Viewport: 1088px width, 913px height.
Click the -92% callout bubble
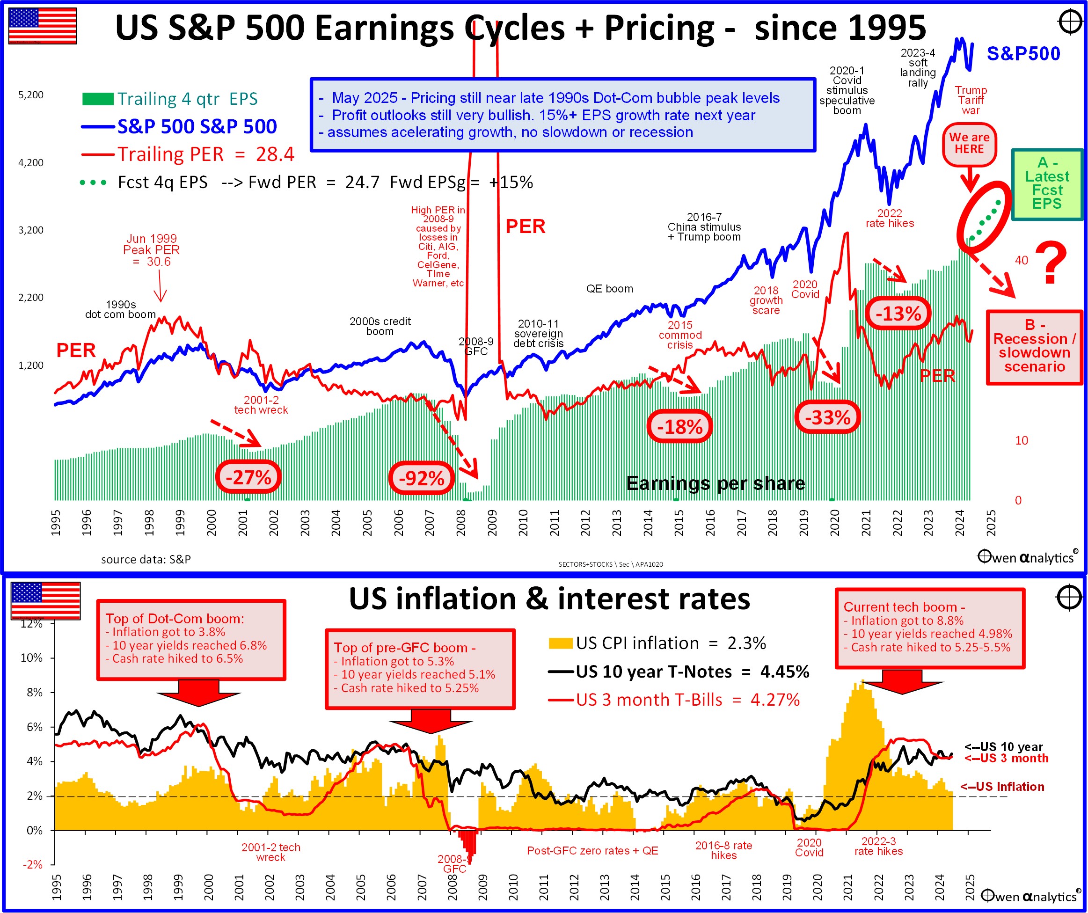pyautogui.click(x=421, y=478)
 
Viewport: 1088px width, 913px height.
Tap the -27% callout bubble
pyautogui.click(x=248, y=477)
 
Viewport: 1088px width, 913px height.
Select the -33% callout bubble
pyautogui.click(x=827, y=417)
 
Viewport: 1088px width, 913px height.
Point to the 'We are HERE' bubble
pyautogui.click(x=969, y=144)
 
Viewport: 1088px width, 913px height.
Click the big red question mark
pyautogui.click(x=1051, y=263)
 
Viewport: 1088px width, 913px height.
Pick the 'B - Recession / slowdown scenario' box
pyautogui.click(x=1034, y=346)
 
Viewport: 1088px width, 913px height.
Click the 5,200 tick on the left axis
pyautogui.click(x=31, y=95)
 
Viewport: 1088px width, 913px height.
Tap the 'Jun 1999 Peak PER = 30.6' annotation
pyautogui.click(x=151, y=250)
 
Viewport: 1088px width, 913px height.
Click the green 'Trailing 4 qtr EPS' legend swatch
pyautogui.click(x=98, y=98)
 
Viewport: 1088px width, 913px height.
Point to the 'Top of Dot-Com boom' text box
pyautogui.click(x=190, y=639)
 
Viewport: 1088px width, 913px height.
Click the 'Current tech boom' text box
pyautogui.click(x=929, y=628)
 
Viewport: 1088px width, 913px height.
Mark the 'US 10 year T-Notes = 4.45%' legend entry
pyautogui.click(x=692, y=672)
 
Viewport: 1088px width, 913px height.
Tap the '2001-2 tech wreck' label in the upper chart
pyautogui.click(x=261, y=405)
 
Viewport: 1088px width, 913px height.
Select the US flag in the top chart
pyautogui.click(x=43, y=25)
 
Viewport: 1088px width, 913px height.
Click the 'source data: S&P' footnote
pyautogui.click(x=146, y=560)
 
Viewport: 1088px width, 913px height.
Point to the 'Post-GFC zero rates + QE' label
pyautogui.click(x=592, y=851)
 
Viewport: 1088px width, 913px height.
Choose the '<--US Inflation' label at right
pyautogui.click(x=1002, y=787)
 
